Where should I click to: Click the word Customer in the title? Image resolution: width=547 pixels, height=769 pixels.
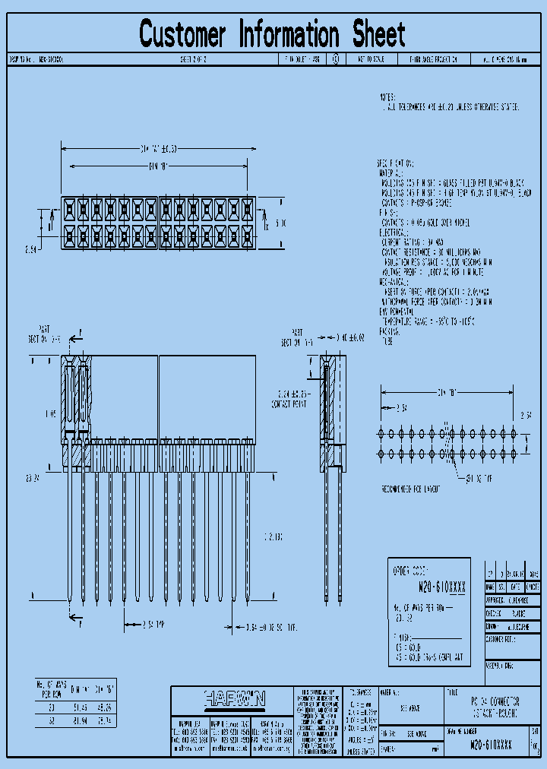click(182, 35)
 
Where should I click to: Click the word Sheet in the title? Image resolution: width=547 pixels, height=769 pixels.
click(378, 35)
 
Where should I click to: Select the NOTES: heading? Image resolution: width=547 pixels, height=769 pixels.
click(387, 98)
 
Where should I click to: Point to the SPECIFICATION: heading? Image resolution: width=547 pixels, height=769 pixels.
click(396, 163)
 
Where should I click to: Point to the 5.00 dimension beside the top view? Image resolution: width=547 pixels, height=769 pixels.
click(280, 223)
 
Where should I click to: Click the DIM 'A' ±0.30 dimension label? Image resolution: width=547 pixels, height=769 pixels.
click(159, 148)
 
